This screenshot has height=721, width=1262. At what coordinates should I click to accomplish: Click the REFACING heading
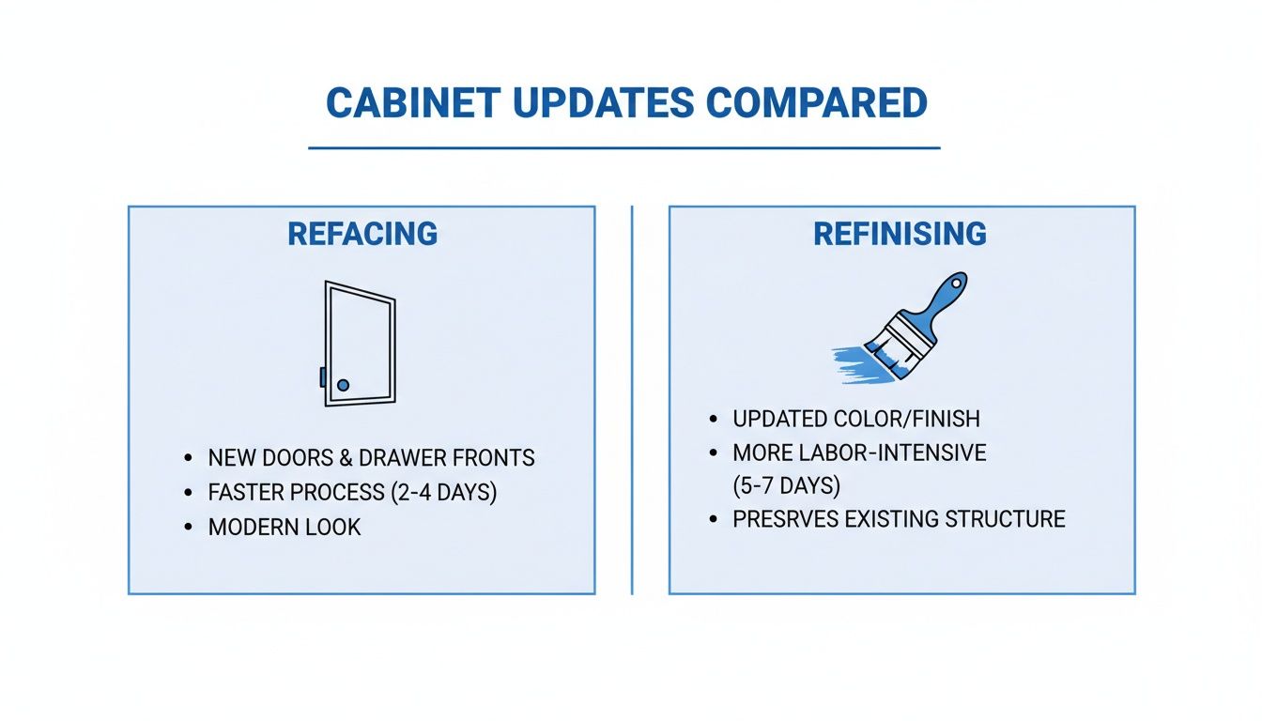[362, 234]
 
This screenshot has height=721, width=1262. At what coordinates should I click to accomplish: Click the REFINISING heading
[900, 234]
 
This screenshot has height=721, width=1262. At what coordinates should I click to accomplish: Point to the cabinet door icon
[358, 344]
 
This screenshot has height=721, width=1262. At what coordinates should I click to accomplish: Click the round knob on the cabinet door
[343, 385]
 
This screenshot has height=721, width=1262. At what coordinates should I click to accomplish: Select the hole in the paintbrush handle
[956, 283]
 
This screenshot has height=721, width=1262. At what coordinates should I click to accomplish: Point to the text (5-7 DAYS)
[786, 486]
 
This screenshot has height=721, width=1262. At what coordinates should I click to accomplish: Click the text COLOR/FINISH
[907, 419]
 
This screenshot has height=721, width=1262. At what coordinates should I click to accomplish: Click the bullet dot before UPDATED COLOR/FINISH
[715, 419]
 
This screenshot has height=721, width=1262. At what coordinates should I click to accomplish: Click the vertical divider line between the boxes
[632, 399]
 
